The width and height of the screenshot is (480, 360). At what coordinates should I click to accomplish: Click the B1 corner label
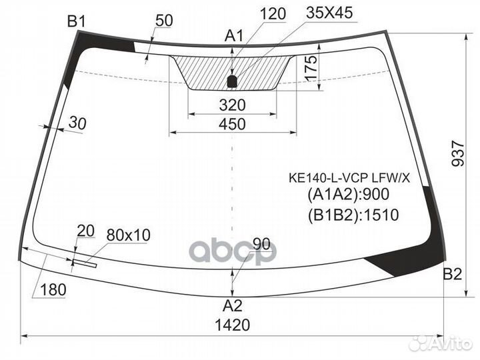point(77,22)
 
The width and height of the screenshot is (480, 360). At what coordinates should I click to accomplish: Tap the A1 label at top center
point(234,36)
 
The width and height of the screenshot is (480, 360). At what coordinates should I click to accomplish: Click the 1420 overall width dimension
point(233,325)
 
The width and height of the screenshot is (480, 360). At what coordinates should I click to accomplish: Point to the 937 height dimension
point(457,155)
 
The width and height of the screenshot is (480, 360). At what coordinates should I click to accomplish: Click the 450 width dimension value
point(232,124)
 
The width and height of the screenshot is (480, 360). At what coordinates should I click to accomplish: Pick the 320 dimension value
point(232,105)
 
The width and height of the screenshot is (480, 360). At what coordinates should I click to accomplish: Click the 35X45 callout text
point(330,13)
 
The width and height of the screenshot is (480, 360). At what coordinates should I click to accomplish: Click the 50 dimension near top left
point(164,21)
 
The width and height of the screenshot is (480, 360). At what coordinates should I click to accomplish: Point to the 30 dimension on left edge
point(77,123)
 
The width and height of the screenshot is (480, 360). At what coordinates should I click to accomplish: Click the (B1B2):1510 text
point(343,215)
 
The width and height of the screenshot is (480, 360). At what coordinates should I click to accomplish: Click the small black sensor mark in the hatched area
point(232,82)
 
